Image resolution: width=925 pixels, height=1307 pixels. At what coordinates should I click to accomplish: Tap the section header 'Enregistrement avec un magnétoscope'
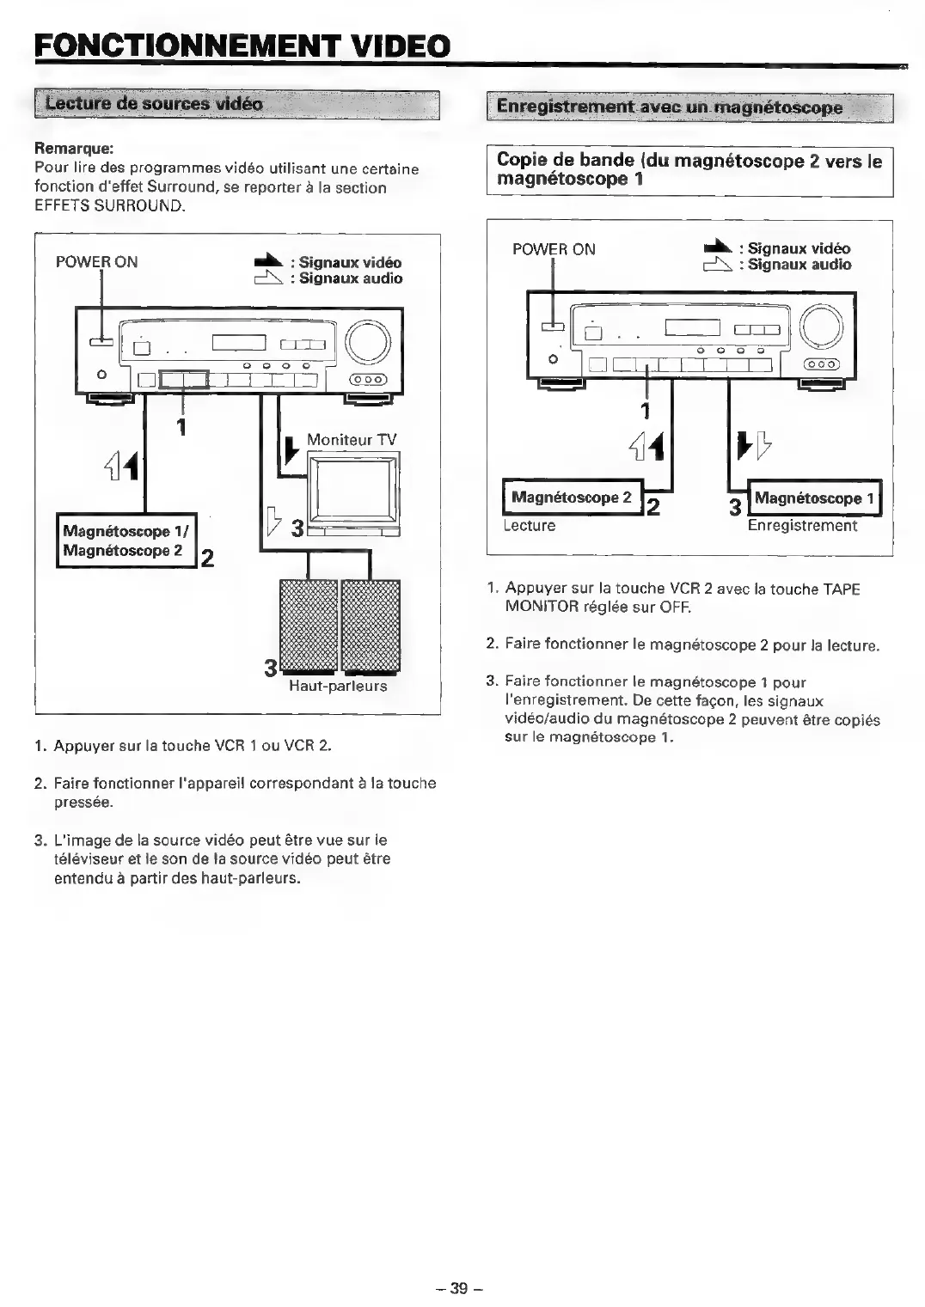point(670,107)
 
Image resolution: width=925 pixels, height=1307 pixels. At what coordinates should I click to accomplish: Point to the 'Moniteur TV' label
point(352,439)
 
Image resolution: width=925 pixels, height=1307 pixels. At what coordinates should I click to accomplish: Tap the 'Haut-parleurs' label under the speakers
point(338,686)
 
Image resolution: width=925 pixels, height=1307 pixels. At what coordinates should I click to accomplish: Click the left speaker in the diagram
point(308,625)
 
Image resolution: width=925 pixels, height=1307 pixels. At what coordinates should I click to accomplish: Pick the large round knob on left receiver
point(372,342)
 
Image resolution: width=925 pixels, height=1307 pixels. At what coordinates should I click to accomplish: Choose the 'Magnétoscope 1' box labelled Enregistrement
point(814,498)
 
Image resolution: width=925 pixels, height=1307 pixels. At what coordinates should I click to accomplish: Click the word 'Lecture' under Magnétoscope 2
point(530,525)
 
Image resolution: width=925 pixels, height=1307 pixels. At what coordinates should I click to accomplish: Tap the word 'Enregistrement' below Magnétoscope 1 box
point(802,525)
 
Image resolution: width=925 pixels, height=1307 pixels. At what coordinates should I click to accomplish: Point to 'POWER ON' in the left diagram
point(96,262)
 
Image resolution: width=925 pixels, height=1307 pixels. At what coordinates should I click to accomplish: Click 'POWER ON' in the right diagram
point(554,249)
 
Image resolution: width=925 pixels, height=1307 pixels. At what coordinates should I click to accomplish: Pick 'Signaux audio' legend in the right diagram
point(799,265)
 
